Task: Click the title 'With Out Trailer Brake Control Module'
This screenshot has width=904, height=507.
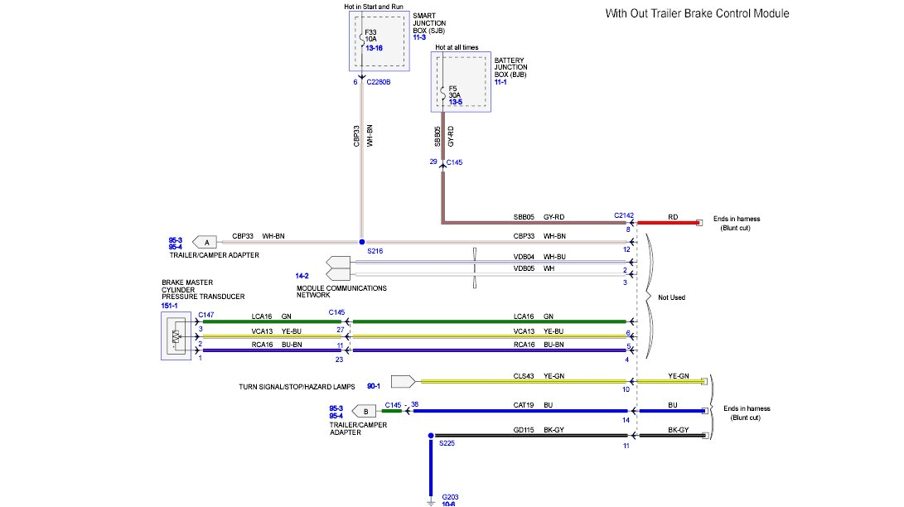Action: [697, 13]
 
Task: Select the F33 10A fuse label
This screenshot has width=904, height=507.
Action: [371, 35]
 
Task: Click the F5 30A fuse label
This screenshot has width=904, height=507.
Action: [454, 94]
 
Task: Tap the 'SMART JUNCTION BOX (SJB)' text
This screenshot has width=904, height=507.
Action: [431, 26]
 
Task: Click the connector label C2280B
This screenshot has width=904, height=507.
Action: [379, 82]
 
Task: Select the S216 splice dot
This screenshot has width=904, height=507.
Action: [362, 241]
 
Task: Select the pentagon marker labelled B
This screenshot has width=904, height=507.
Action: [365, 411]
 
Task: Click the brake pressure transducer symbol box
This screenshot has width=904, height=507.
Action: [176, 336]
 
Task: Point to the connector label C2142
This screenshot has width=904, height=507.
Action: [624, 215]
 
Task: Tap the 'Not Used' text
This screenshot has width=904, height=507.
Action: [671, 297]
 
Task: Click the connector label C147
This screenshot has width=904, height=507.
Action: [206, 316]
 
